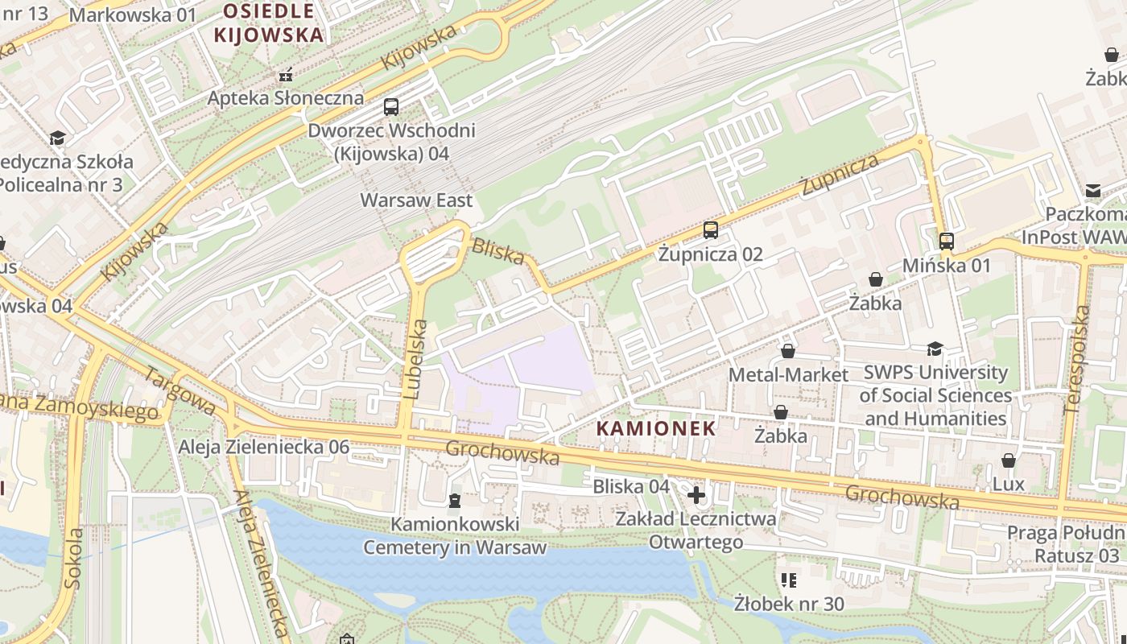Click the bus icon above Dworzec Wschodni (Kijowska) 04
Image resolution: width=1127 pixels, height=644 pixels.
pos(391,106)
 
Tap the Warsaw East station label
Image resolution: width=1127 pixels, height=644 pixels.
pos(416,200)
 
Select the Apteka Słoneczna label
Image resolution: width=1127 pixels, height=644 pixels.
pos(285,98)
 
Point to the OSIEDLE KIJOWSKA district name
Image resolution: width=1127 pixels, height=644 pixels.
pos(269,23)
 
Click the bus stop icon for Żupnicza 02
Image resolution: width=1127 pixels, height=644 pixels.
pos(710,230)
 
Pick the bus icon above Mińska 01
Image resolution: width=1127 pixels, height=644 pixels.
pos(947,241)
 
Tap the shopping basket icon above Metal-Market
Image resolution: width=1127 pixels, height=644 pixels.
pos(788,351)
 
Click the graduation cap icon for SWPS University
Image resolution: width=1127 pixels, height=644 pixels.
pos(935,349)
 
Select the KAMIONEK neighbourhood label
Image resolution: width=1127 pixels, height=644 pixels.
pos(656,428)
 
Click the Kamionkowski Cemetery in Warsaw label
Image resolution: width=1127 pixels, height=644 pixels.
pos(455,536)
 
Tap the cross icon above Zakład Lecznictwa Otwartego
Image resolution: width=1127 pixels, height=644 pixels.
pos(696,494)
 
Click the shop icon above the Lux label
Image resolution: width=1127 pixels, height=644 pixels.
pos(1008,460)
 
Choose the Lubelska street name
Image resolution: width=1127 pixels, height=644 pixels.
pos(416,360)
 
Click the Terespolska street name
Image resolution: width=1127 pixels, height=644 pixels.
pos(1078,360)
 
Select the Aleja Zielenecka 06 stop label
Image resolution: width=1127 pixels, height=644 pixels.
pos(264,447)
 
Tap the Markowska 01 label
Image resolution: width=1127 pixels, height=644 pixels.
pos(133,14)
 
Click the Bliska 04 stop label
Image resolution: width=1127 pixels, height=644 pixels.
pos(631,486)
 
